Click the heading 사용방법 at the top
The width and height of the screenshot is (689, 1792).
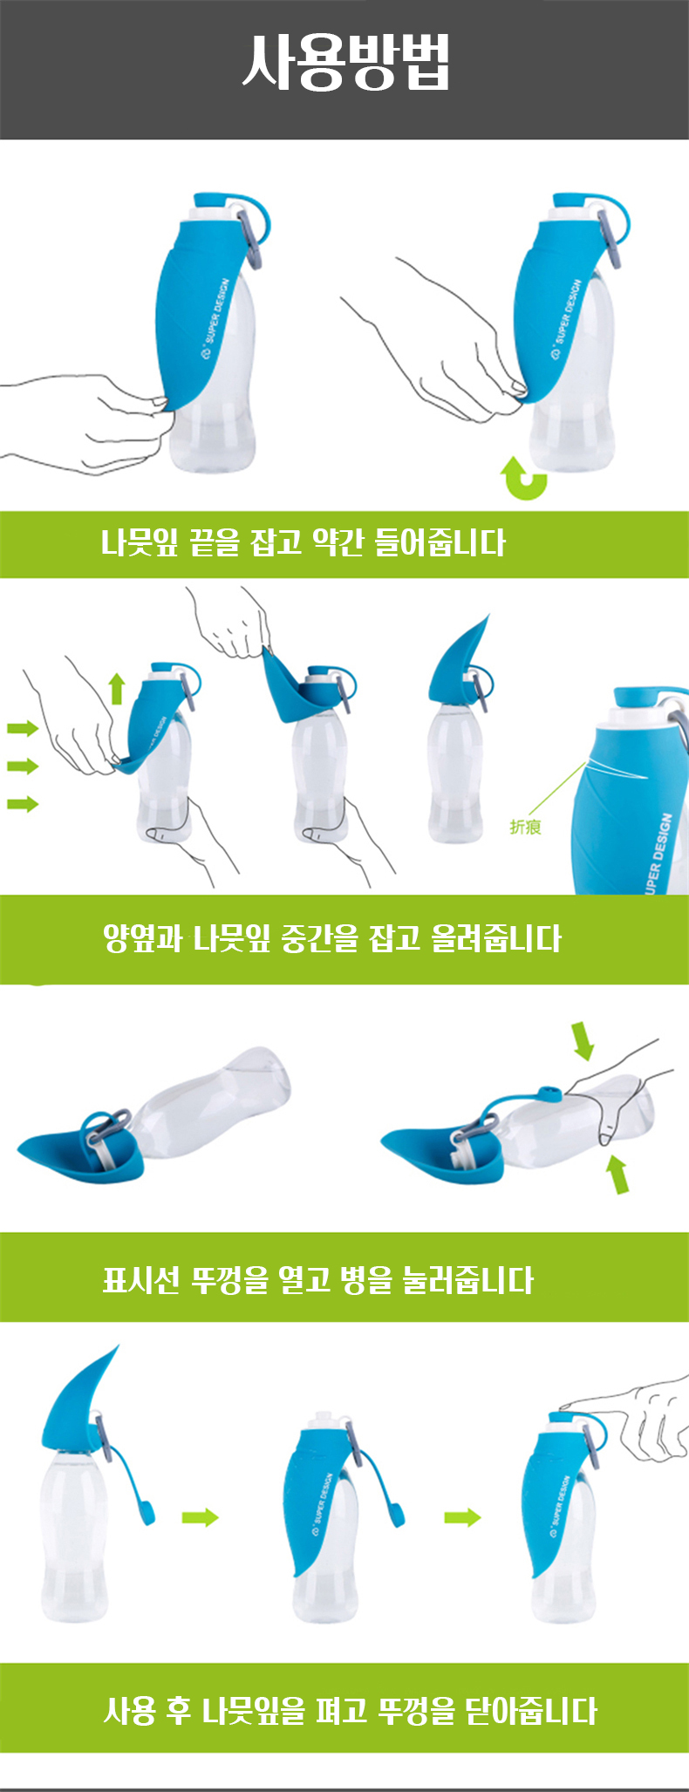[345, 63]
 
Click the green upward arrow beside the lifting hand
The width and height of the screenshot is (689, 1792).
[117, 689]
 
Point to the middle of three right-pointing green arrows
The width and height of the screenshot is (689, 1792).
[24, 766]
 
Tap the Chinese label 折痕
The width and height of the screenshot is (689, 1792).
[525, 827]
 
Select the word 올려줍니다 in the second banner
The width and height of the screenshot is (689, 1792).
[496, 939]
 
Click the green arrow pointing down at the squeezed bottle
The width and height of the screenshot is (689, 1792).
[583, 1040]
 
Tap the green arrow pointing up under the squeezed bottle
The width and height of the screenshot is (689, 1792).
[617, 1174]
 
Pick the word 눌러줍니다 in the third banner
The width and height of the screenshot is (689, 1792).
[467, 1280]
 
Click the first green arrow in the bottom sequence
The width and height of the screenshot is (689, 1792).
[200, 1518]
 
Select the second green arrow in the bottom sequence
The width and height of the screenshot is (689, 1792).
[462, 1518]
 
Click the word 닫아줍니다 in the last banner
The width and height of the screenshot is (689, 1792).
[531, 1710]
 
